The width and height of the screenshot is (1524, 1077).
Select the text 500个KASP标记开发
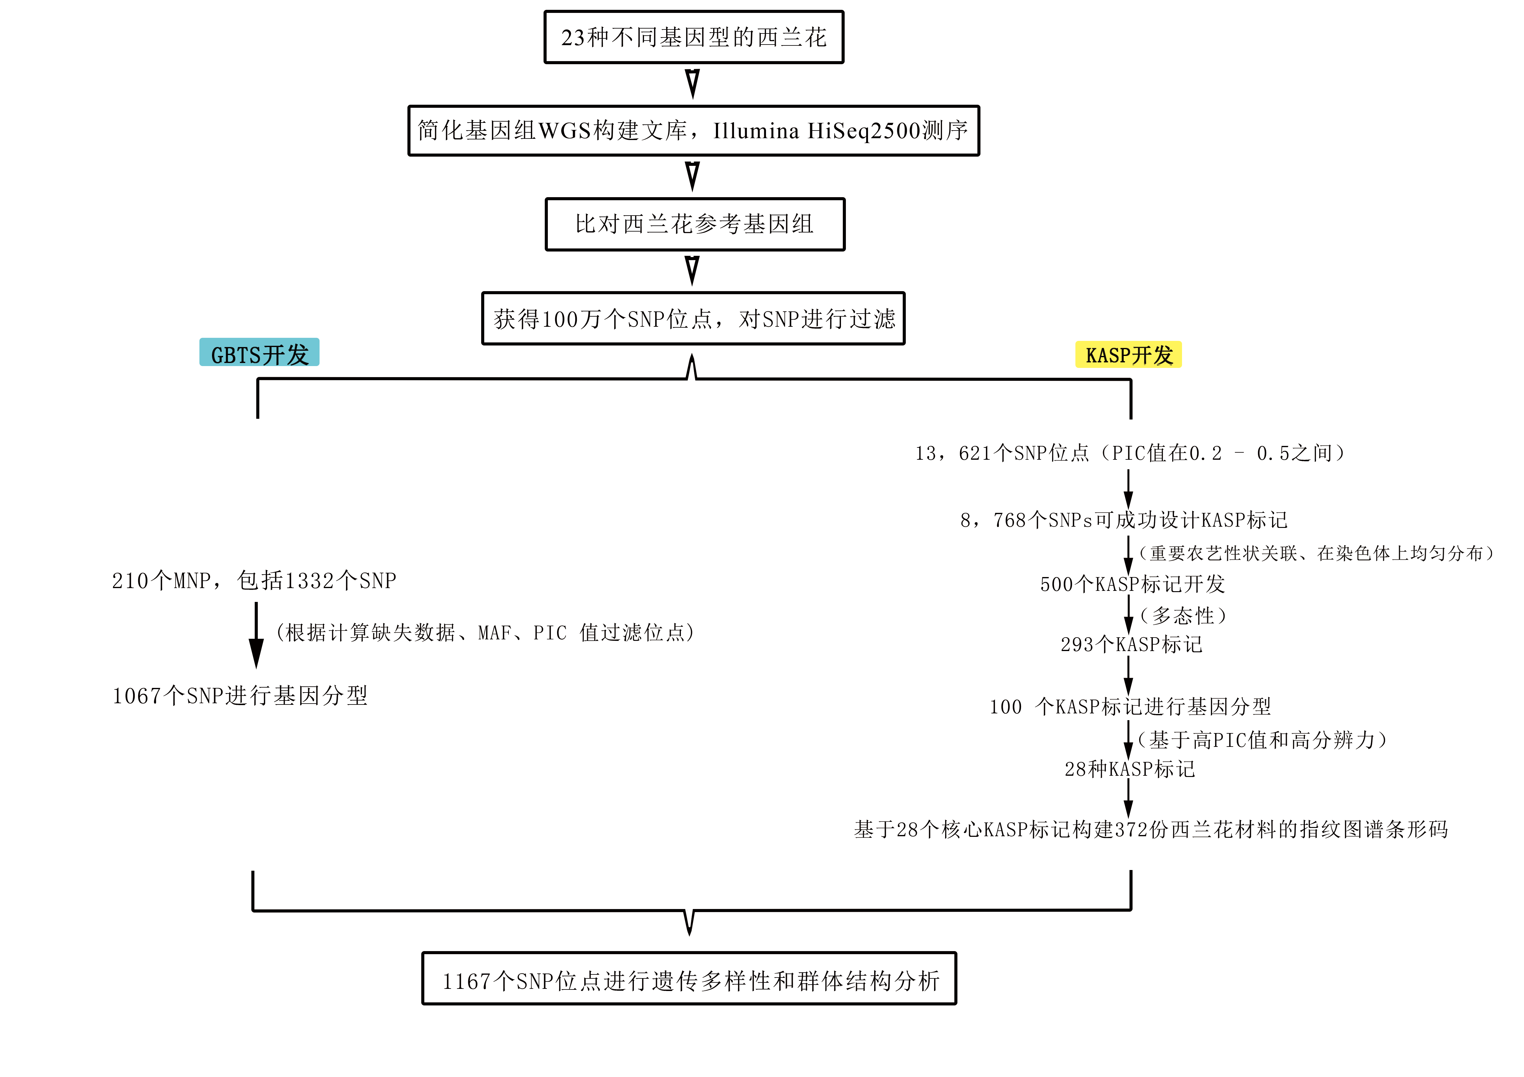tap(1132, 584)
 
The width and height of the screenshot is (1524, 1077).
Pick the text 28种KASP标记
tap(1130, 769)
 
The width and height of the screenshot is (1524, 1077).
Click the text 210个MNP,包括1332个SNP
tap(254, 581)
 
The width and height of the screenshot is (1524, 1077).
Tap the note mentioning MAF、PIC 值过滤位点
tap(485, 632)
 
